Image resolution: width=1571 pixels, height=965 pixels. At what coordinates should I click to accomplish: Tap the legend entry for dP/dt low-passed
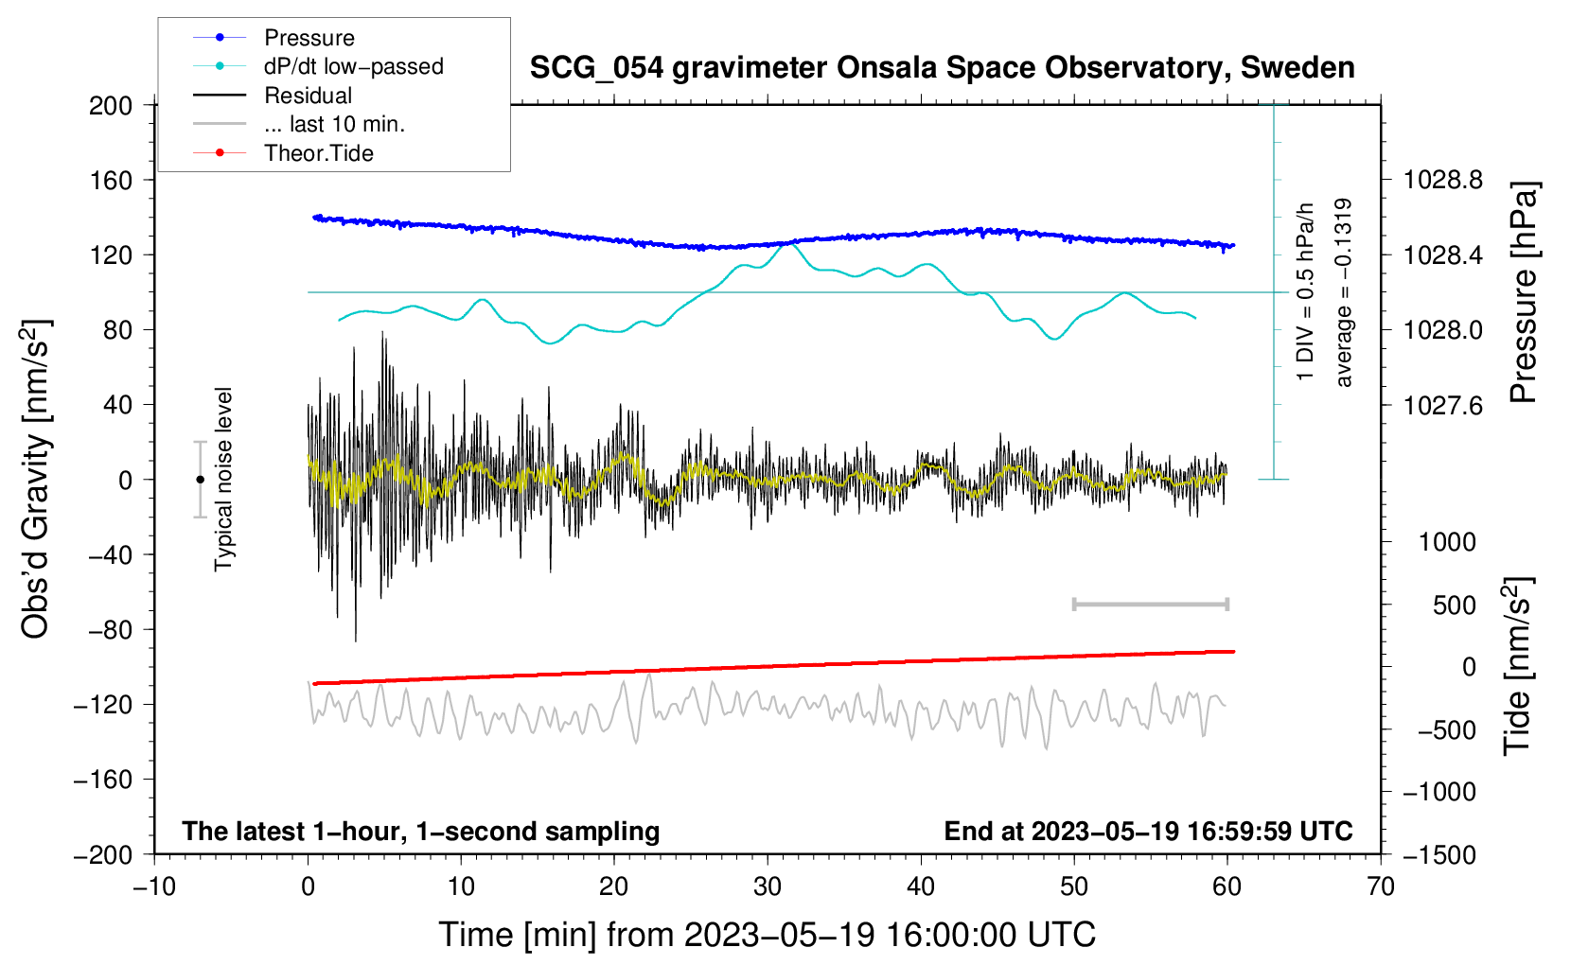318,66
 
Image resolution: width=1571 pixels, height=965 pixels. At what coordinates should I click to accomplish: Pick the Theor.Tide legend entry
283,153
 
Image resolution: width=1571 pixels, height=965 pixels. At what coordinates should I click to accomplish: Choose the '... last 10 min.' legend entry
299,124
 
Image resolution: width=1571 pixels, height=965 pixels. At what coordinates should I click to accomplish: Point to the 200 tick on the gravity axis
111,106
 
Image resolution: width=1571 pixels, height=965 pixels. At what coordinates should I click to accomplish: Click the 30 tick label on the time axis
768,887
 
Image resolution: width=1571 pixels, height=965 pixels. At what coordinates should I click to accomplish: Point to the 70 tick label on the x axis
1380,887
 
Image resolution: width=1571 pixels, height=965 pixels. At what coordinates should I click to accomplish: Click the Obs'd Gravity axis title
35,480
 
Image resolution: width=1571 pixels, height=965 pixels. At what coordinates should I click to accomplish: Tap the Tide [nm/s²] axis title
1518,666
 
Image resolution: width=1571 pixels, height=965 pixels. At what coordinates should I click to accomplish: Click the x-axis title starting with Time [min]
768,935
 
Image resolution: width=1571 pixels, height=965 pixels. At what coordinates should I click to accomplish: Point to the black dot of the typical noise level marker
200,480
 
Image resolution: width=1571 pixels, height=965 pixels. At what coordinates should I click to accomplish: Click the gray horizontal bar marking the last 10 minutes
1151,605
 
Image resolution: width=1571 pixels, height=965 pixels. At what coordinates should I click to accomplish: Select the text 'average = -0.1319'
1342,292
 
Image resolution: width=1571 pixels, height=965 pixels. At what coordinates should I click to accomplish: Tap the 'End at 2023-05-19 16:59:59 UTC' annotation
1148,831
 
